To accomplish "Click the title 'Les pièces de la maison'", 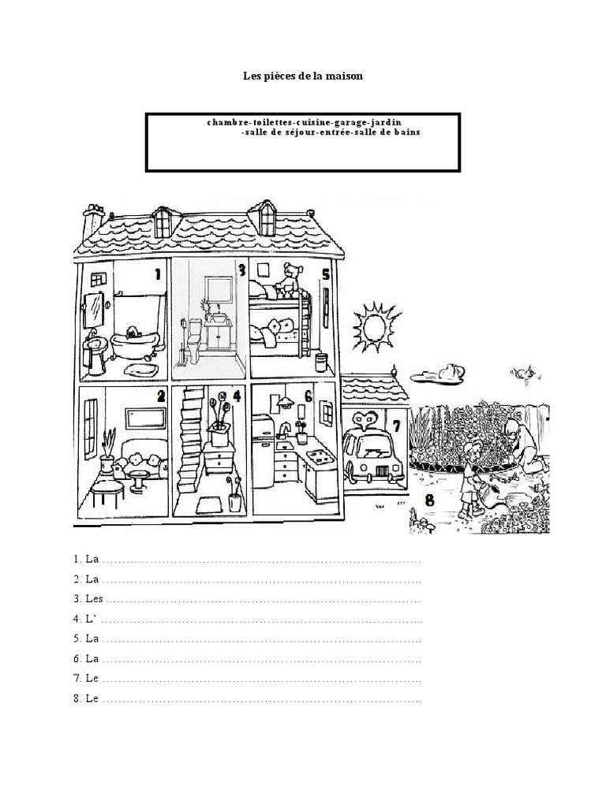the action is [302, 77].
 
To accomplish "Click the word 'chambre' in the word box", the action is [225, 123].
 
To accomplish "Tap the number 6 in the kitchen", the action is [308, 396].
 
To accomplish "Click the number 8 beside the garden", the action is [429, 499].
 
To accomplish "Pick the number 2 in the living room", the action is [160, 396].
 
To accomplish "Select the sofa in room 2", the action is [142, 463].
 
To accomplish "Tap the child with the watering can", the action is [474, 481].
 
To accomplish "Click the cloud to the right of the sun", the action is [443, 372].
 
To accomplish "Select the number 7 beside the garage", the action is [396, 426].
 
